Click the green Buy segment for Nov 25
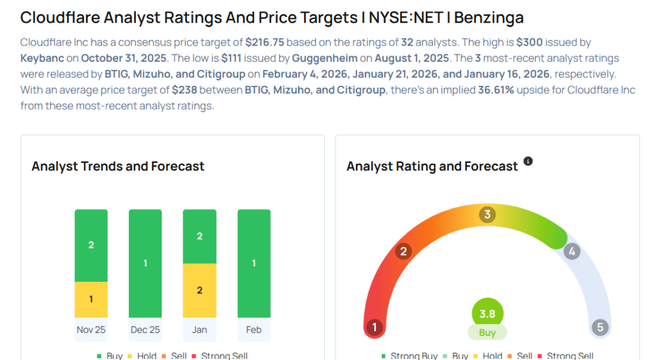91,245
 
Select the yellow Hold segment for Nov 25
91,299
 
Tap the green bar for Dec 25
145,263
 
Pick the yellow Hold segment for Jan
200,291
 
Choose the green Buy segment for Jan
200,236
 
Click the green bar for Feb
254,263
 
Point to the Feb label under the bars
254,330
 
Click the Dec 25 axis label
145,330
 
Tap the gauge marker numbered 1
375,327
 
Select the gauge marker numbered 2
403,251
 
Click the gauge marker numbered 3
487,214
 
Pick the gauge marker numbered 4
571,251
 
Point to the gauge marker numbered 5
600,327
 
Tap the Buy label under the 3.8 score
487,333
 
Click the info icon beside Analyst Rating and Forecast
528,162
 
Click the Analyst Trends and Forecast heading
118,167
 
